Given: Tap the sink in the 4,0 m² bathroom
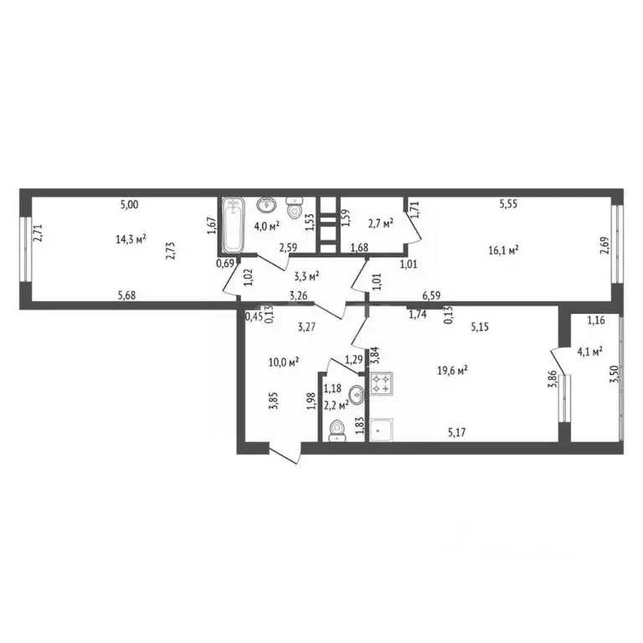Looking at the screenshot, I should click(x=267, y=204).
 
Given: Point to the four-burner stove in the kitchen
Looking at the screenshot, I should click(x=381, y=384).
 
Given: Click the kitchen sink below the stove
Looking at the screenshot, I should click(x=381, y=430).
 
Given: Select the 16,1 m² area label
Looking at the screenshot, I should click(x=504, y=249).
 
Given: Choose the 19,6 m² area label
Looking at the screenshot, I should click(x=452, y=368).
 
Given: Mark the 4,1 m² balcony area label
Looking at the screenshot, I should click(x=590, y=352).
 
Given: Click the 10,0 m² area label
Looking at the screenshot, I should click(x=285, y=361).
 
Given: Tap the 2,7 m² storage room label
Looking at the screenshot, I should click(x=382, y=224).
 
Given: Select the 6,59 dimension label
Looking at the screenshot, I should click(x=432, y=295).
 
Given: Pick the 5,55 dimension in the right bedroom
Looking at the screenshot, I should click(x=510, y=203).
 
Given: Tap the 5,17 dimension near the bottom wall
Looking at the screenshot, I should click(x=456, y=432).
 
